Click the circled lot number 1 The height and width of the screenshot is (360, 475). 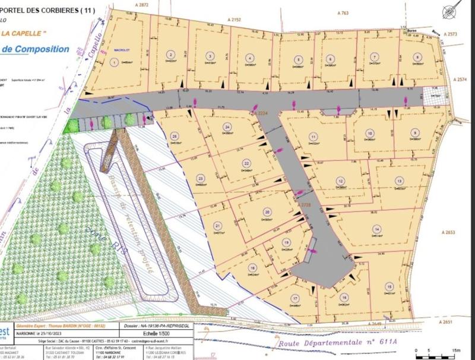(113, 62)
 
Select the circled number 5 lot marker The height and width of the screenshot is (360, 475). (298, 59)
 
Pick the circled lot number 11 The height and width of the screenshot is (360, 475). (312, 137)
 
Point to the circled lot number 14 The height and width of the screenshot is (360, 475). (376, 229)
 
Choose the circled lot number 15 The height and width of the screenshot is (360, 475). (389, 286)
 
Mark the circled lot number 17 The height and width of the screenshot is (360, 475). (294, 298)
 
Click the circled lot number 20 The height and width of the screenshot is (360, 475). (268, 211)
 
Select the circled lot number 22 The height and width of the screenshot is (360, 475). (246, 163)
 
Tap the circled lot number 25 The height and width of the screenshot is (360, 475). (175, 135)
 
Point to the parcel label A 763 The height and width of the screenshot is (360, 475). (343, 12)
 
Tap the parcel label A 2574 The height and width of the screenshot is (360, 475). (461, 79)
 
